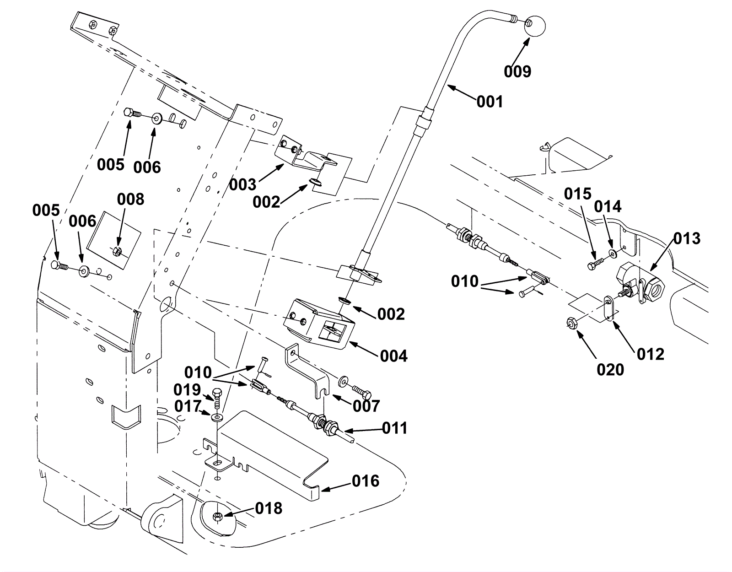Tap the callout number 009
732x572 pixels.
click(x=517, y=71)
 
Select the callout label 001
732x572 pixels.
click(x=490, y=101)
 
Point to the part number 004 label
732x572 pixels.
click(x=393, y=356)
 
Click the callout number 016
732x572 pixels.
click(x=366, y=481)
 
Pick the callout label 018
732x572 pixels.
click(x=269, y=508)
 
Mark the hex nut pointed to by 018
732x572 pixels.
click(x=218, y=516)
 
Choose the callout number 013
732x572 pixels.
click(x=687, y=238)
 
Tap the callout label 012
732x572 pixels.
click(x=650, y=354)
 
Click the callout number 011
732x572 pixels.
click(x=394, y=429)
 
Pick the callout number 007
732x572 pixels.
click(x=366, y=406)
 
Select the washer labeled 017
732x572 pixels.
click(x=216, y=417)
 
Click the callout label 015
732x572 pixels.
click(x=578, y=194)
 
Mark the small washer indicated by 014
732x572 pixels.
click(x=612, y=253)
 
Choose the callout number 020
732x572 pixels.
click(x=610, y=369)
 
